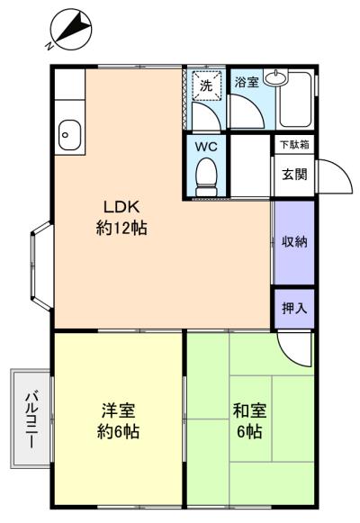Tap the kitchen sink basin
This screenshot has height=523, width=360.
[x=68, y=136]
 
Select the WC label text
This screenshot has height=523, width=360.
[x=205, y=144]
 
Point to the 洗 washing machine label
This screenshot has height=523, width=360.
[x=206, y=86]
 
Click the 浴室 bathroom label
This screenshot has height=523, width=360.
[x=246, y=83]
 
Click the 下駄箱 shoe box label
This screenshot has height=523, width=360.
[x=292, y=144]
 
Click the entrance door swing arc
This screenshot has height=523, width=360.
[x=329, y=174]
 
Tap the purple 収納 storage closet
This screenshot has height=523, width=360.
[x=293, y=242]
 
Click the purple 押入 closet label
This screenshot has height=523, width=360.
[x=293, y=308]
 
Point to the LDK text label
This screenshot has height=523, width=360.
[x=121, y=203]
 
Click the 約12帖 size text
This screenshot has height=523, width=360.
[x=121, y=228]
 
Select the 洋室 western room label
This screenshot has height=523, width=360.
[x=119, y=410]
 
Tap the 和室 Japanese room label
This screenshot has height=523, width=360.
[x=249, y=410]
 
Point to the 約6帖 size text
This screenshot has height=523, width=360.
[x=119, y=433]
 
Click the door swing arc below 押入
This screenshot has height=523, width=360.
[x=293, y=346]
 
